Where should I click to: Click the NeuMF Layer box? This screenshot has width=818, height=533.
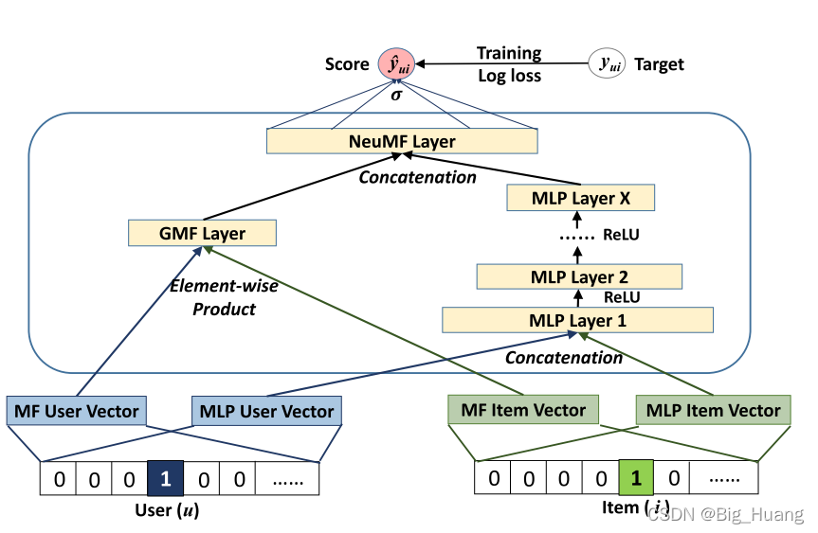tap(402, 142)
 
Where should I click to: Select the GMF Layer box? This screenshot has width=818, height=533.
tap(202, 234)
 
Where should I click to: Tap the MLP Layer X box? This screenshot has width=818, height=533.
tap(580, 199)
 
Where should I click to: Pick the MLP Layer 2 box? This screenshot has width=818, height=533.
tap(578, 277)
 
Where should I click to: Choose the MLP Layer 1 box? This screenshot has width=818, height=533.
tap(577, 321)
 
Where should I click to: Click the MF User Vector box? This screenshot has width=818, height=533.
tap(76, 411)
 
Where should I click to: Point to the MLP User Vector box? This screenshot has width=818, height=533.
tap(266, 411)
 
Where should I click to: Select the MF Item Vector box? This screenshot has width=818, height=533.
tap(522, 410)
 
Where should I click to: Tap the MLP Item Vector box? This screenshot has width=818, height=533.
tap(713, 410)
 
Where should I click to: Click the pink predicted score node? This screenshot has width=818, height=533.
tap(395, 64)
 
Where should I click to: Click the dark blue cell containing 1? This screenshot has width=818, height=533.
tap(166, 479)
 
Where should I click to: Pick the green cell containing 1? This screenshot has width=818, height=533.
tap(636, 479)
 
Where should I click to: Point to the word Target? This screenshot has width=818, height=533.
tap(659, 64)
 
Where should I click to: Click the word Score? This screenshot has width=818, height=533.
tap(347, 64)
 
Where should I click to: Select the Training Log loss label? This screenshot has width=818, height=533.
tap(509, 64)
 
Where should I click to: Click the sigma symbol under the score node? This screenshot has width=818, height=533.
tap(396, 96)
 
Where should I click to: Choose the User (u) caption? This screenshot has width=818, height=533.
tap(167, 511)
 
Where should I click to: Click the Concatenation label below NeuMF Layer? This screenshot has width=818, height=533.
tap(417, 177)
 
